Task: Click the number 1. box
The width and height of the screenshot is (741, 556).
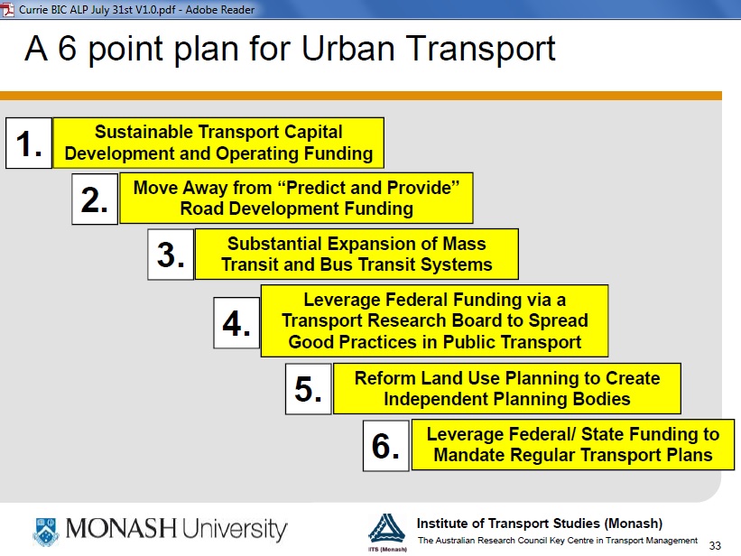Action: click(29, 144)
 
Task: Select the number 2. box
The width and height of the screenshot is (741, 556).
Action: click(95, 199)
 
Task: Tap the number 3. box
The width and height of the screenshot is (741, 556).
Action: click(171, 255)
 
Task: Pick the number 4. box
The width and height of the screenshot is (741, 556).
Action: click(236, 323)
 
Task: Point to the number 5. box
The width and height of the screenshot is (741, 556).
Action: click(309, 389)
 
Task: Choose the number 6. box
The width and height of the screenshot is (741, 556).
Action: click(386, 446)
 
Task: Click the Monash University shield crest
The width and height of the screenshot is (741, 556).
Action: click(46, 531)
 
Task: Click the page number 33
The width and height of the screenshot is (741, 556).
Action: click(715, 545)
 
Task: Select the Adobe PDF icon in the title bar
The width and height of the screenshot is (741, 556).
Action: click(8, 9)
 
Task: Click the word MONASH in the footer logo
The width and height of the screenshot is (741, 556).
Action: click(121, 529)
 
